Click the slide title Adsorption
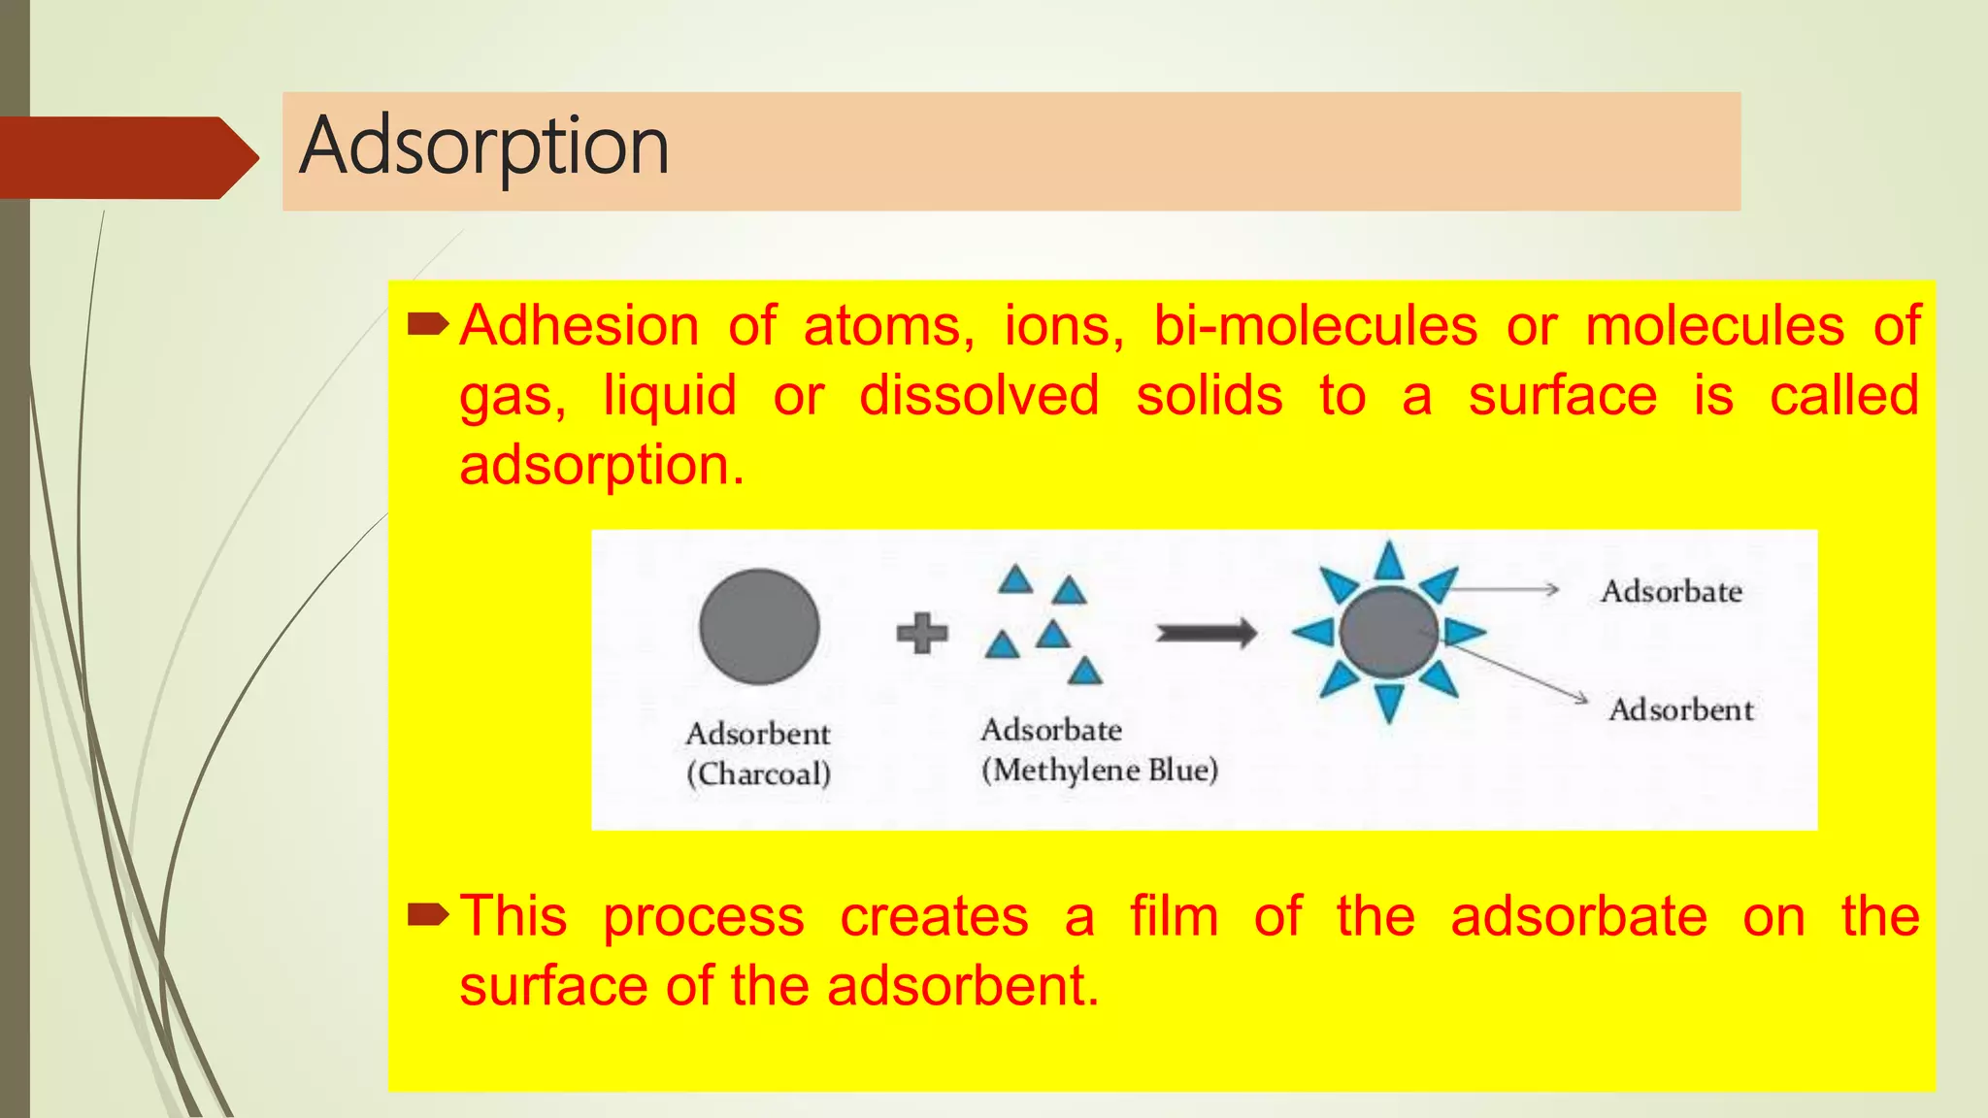coord(483,148)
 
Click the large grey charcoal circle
coord(759,627)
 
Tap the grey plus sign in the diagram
coord(921,633)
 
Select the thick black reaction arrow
coord(1206,634)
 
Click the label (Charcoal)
coord(758,774)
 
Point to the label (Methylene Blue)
coord(1099,771)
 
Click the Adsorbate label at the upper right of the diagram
coord(1671,591)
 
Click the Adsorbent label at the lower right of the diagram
coord(1680,709)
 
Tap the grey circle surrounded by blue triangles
coord(1388,633)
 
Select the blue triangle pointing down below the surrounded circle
coord(1389,702)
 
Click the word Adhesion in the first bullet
coord(579,325)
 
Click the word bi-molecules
coord(1314,325)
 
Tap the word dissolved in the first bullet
coord(978,396)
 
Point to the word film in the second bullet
coord(1174,916)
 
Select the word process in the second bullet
coord(703,916)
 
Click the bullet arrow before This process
coord(427,914)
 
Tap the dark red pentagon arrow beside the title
coord(126,157)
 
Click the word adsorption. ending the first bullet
coord(601,465)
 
